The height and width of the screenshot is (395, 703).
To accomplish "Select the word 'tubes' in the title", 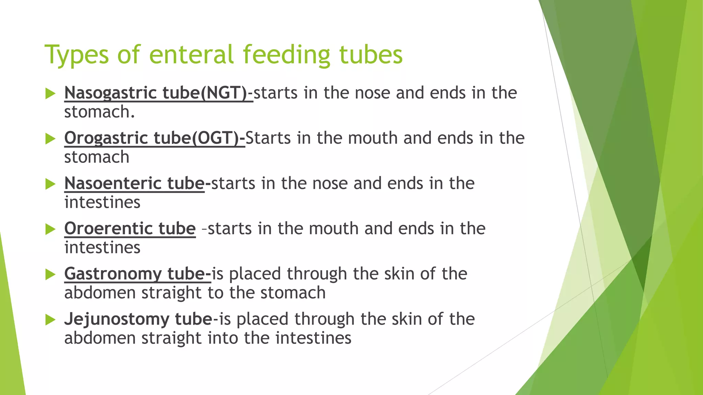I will point(371,55).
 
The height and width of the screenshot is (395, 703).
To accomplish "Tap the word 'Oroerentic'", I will point(108,228).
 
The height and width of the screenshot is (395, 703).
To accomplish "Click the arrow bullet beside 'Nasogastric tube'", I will point(50,93).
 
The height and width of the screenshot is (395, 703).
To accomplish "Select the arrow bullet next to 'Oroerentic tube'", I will point(50,229).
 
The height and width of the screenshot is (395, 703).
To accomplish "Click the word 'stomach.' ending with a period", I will point(100,112).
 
